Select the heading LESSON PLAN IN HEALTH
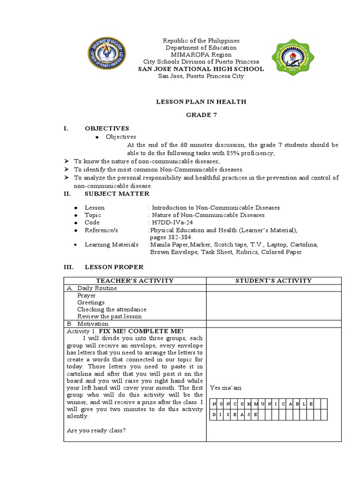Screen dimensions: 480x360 [201, 102]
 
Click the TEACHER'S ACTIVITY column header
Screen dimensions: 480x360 [135, 281]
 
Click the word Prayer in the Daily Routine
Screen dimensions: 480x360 [87, 296]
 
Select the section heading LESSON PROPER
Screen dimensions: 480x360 [114, 267]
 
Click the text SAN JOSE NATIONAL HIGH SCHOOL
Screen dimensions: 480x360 [201, 69]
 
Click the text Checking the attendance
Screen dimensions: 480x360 [112, 309]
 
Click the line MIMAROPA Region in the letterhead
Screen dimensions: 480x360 [201, 55]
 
